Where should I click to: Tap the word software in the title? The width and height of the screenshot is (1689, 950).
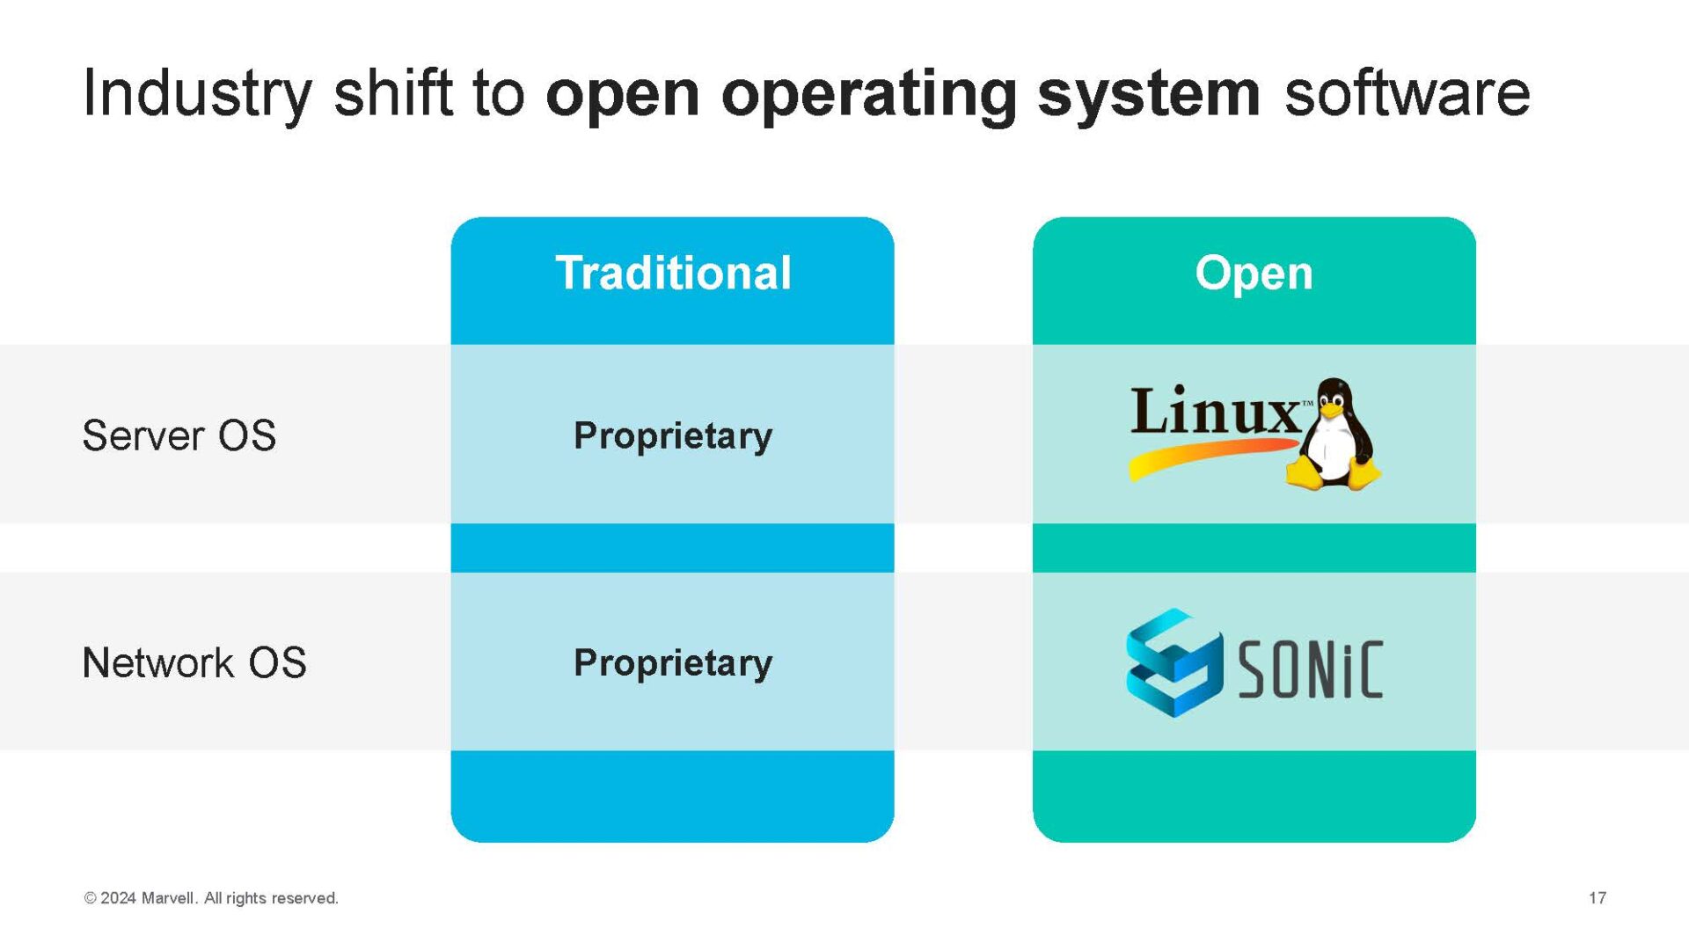1407,93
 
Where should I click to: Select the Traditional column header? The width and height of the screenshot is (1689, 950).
673,273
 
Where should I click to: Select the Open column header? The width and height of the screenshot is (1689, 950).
1254,274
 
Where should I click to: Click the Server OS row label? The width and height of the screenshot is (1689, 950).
179,435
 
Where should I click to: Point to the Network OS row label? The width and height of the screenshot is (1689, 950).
194,662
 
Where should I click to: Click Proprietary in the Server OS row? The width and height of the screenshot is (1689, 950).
673,436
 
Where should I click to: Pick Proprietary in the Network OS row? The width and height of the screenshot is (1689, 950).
673,663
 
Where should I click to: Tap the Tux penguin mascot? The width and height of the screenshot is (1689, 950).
1334,435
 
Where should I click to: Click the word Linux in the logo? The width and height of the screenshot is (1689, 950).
1215,411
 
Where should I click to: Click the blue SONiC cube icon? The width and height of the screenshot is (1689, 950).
1174,662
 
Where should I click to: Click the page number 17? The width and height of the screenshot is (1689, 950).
1598,898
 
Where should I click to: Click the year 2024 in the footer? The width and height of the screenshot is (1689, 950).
118,898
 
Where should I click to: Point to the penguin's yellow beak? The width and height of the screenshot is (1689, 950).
1331,410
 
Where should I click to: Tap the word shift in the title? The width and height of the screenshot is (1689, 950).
392,93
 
